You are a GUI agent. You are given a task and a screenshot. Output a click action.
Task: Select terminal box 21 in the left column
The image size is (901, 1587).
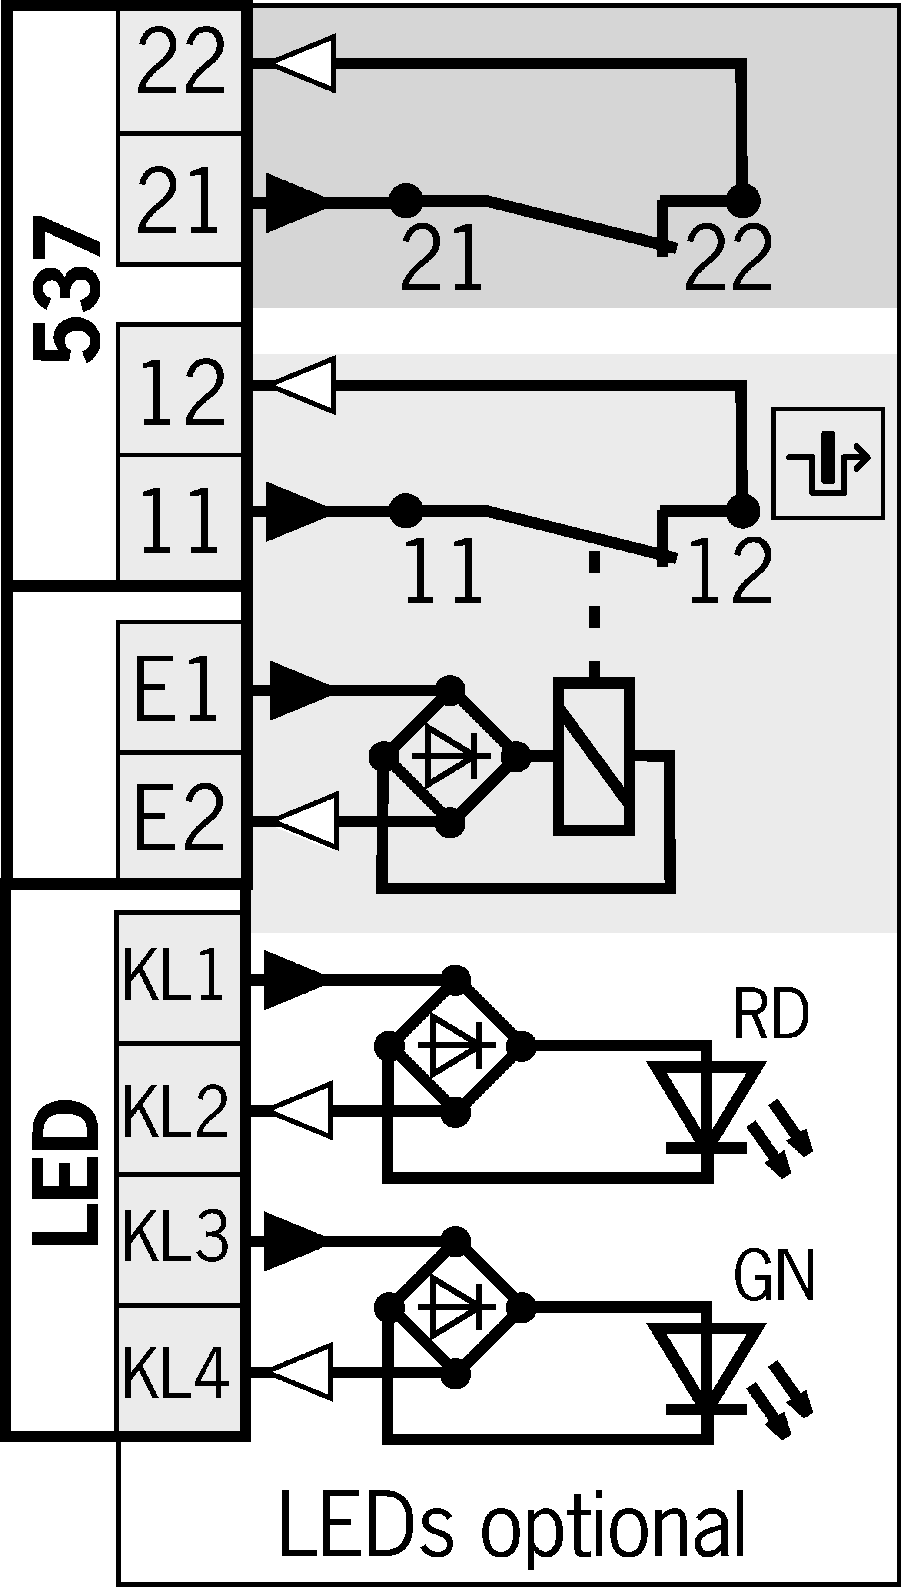click(180, 199)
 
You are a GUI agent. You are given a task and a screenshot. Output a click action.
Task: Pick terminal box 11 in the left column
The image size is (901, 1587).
click(180, 519)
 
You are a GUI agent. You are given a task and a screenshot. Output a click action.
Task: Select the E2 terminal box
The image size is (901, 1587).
click(180, 816)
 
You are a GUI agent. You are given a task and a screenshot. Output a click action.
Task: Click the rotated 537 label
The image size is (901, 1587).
click(67, 288)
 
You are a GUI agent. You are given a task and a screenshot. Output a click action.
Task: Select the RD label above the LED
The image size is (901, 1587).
click(771, 1015)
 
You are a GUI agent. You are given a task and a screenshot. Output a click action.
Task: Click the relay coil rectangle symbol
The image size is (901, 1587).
click(594, 757)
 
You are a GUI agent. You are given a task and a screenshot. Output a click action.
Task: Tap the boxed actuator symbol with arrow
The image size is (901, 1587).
click(828, 463)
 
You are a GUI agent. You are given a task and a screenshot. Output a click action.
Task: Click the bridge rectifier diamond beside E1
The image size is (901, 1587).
click(450, 757)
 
